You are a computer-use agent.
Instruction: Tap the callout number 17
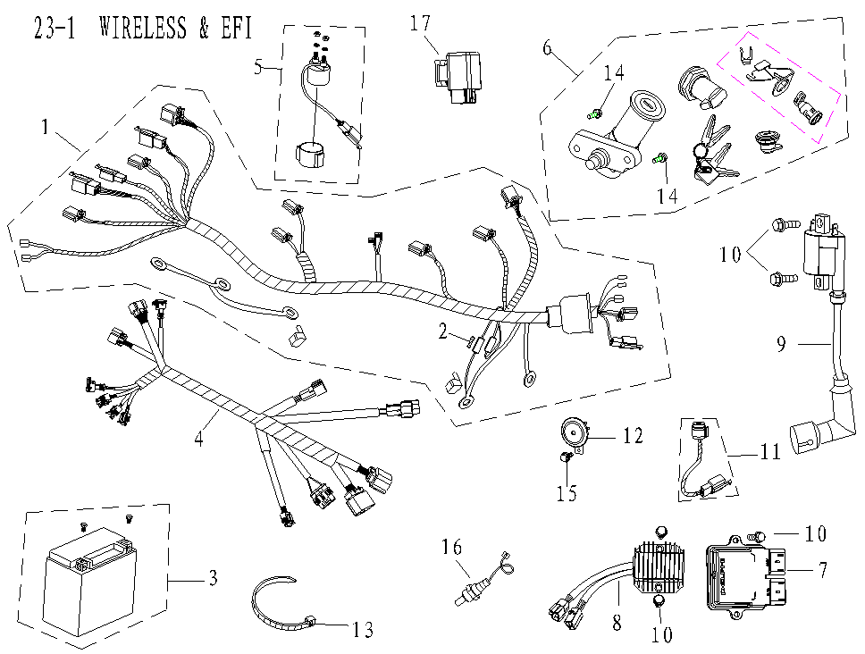(x=421, y=24)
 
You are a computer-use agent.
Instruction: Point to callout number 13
(x=361, y=631)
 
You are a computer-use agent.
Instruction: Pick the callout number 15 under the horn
(x=567, y=492)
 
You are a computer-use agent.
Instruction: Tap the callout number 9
(x=781, y=344)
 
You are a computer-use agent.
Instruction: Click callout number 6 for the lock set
(x=547, y=48)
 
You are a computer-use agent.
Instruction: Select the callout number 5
(x=259, y=68)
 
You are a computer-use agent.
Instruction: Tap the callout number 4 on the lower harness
(x=200, y=438)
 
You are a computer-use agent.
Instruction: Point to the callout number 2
(x=441, y=331)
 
